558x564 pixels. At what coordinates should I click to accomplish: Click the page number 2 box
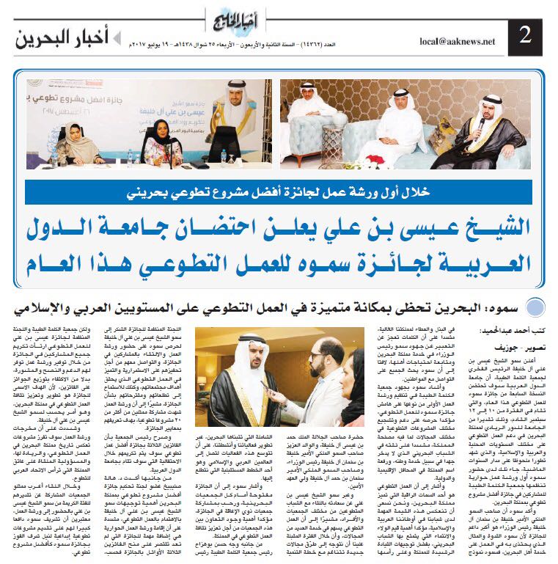pyautogui.click(x=526, y=34)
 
